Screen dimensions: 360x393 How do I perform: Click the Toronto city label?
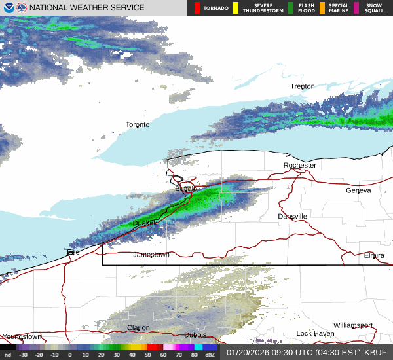(138, 124)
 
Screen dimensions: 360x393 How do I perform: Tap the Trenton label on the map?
(303, 86)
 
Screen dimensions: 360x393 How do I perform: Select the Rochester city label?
(300, 165)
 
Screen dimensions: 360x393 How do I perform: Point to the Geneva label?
(358, 190)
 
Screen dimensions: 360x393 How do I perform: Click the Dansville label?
(292, 216)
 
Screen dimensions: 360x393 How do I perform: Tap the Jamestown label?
(151, 255)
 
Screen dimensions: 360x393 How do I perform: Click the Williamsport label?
(352, 325)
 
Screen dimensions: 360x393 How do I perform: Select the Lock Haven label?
(315, 334)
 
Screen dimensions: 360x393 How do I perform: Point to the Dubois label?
(195, 334)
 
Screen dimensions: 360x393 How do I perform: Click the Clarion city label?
(138, 328)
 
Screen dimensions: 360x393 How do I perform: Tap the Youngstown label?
(22, 336)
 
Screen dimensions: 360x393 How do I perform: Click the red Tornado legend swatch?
(197, 8)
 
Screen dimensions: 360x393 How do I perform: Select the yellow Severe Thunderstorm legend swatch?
(235, 8)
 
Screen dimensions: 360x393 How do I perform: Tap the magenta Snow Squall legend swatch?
(356, 8)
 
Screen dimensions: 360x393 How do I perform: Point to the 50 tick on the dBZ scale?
(132, 355)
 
